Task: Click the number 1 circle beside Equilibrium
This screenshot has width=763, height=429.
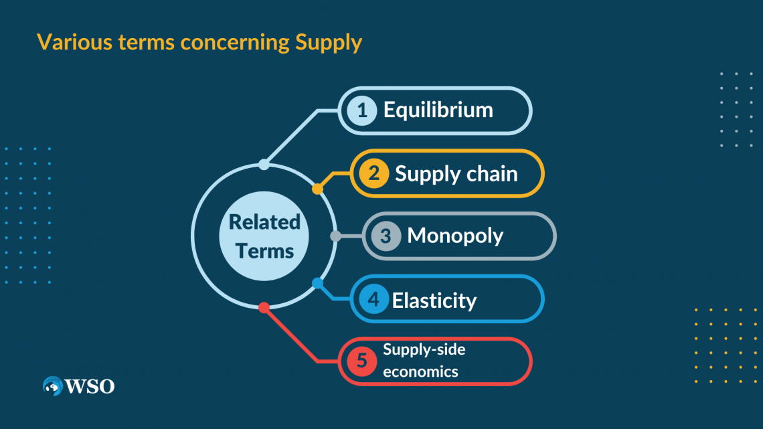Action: pos(362,110)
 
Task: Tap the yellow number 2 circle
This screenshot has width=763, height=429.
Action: pos(374,173)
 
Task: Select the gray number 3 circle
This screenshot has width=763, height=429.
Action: pos(386,236)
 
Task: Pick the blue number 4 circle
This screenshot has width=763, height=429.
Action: pos(373,299)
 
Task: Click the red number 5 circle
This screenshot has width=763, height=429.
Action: pos(361,361)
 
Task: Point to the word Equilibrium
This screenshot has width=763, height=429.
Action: pos(438,110)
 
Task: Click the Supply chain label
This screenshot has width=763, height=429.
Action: pos(456,174)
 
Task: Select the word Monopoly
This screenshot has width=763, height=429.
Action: pos(455,236)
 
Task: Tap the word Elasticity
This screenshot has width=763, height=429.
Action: pos(434,301)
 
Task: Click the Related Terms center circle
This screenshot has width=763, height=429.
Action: pos(264,236)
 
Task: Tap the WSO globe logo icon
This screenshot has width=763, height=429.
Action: pos(52,386)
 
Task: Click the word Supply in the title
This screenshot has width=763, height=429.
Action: pos(328,43)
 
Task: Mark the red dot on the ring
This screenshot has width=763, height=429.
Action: pos(264,307)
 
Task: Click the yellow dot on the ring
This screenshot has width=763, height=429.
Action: pos(317,189)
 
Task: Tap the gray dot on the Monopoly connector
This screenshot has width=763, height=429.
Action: pos(335,236)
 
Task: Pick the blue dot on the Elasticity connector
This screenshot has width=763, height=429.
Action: pos(317,282)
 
